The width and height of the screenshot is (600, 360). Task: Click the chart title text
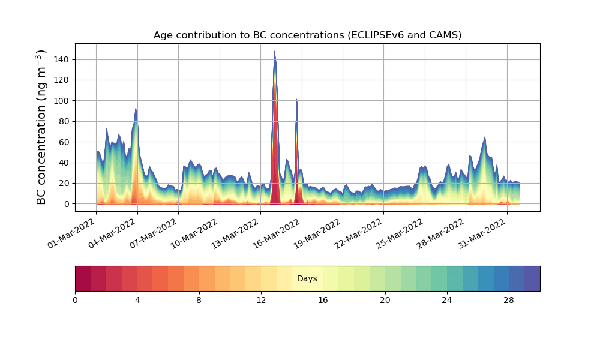click(307, 35)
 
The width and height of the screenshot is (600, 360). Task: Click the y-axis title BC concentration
click(41, 127)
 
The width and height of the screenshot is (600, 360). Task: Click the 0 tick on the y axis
click(67, 204)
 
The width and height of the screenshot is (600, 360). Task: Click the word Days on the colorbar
click(307, 278)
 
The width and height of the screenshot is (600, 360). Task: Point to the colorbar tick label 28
click(509, 300)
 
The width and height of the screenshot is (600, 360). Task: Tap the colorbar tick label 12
click(261, 300)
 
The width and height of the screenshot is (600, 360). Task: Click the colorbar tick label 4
click(137, 300)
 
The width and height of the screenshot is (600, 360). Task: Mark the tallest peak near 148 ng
click(274, 53)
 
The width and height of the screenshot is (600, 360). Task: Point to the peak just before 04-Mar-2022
click(136, 110)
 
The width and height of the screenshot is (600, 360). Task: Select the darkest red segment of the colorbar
click(83, 278)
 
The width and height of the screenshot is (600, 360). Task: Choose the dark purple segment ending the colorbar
click(532, 278)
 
